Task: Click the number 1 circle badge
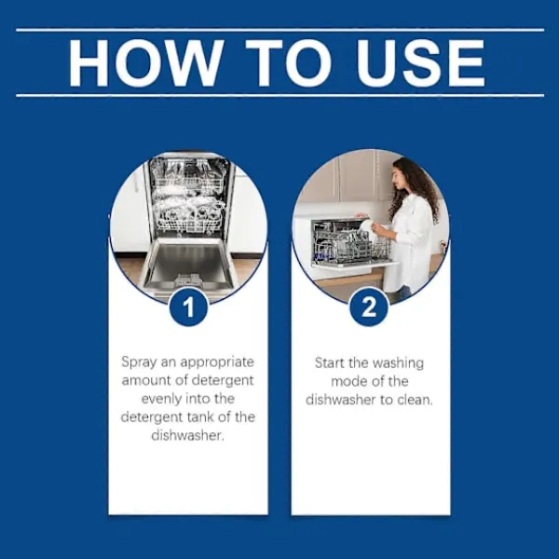click(188, 307)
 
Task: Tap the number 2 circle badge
click(369, 307)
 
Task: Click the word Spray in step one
click(139, 362)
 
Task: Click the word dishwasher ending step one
click(187, 436)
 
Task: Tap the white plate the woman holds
click(366, 227)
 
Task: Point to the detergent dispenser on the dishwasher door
click(190, 279)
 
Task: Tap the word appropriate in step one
click(217, 362)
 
